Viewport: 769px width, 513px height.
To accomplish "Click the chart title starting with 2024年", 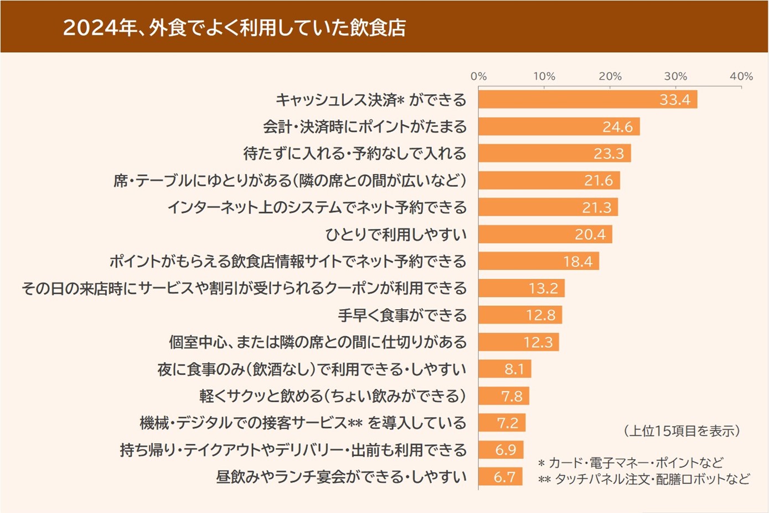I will pos(234,27).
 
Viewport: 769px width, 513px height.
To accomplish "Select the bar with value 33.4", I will pos(587,100).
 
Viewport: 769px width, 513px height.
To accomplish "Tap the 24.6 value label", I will pos(617,127).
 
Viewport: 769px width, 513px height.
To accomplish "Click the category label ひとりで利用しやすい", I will pos(396,234).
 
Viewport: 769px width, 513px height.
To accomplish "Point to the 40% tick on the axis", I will pos(741,76).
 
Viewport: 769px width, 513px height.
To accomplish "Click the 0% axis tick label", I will pos(479,76).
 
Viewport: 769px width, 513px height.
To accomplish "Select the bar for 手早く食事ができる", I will pos(520,315).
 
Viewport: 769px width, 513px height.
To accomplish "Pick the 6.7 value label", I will pos(504,477).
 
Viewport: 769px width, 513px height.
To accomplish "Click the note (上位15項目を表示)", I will pos(682,431).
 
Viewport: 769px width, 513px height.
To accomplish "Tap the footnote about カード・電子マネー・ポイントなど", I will pos(631,463).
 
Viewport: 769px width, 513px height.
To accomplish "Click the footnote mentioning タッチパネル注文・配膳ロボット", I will pos(644,479).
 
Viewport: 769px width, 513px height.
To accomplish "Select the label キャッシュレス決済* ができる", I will pos(371,100).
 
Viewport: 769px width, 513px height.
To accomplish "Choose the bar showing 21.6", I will pos(549,181).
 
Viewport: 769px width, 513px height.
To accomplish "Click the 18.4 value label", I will pos(577,261).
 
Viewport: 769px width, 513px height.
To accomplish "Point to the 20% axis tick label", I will pos(610,76).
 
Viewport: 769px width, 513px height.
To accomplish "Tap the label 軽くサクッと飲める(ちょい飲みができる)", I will pos(333,396).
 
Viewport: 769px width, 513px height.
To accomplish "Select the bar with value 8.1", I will pos(504,369).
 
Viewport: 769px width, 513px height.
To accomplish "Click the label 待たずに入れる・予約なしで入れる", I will pos(355,153).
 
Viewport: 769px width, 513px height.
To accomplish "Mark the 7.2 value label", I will pos(507,423).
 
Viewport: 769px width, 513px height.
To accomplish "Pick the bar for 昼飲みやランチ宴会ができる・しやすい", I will pos(500,477).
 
